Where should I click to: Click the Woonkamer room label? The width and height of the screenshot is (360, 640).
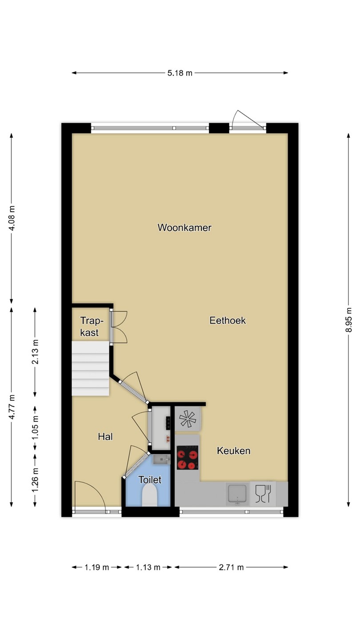(184, 228)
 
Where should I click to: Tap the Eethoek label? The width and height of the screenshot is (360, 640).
(228, 320)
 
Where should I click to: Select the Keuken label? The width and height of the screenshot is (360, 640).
(233, 451)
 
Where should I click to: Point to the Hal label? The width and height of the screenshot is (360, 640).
(105, 436)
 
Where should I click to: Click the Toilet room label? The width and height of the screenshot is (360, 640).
(150, 480)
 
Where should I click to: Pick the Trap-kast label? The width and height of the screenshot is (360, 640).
(91, 327)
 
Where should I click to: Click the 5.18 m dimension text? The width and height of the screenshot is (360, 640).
(180, 73)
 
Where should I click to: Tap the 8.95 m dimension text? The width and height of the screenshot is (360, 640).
(348, 320)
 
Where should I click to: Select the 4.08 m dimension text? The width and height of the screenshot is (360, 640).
(12, 218)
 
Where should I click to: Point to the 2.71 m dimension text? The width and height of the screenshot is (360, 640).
(231, 567)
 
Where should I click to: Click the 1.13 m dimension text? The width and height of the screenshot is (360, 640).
(148, 567)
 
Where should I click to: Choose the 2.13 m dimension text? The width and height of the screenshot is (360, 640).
(35, 352)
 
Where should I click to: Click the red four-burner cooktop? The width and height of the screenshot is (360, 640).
(188, 458)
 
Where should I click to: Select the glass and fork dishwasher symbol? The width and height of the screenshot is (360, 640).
(263, 493)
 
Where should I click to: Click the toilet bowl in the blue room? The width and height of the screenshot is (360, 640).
(150, 496)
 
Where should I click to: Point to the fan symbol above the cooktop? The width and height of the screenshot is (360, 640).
(188, 419)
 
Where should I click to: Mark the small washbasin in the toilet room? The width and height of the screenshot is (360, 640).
(161, 460)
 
